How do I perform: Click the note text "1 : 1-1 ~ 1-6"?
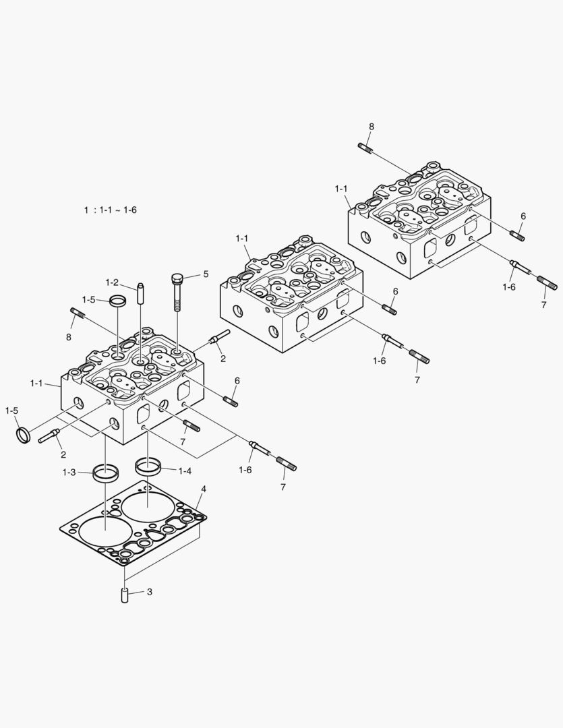coord(111,210)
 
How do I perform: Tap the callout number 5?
coord(206,274)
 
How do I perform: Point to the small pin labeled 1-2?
coord(141,295)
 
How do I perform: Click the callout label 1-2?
coord(112,282)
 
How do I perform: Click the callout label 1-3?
coord(69,473)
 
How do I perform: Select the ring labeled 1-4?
coord(147,465)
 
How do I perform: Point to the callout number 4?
coord(203,488)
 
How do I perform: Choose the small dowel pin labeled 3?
coord(125,596)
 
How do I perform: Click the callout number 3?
coord(150,593)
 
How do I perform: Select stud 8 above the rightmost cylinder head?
coord(366,148)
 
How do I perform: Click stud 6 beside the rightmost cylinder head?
coord(518,235)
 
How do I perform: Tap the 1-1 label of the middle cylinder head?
coord(242,239)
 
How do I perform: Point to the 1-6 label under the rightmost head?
coord(509,286)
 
